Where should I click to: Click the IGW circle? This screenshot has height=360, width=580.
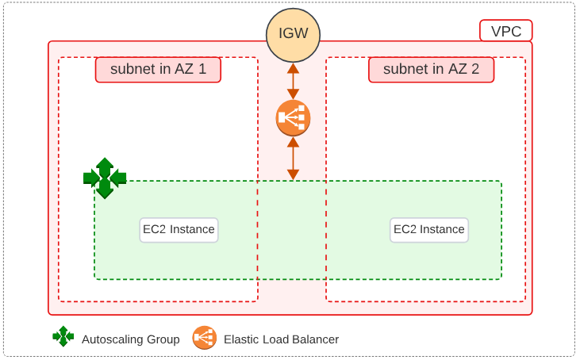tap(293, 35)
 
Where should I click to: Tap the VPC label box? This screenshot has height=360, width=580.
tap(506, 31)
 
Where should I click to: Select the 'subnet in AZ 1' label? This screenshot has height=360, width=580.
tap(158, 70)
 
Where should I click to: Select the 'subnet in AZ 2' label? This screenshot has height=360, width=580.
tap(431, 70)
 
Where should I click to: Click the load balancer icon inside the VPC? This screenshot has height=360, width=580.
tap(293, 118)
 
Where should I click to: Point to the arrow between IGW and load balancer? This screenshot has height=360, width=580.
tap(293, 81)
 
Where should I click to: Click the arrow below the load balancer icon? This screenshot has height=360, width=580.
tap(293, 159)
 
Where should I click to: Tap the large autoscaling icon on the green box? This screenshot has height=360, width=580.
tap(105, 178)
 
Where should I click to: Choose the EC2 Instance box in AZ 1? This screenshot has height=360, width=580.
tap(179, 230)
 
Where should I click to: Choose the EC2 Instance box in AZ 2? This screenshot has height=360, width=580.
tap(429, 230)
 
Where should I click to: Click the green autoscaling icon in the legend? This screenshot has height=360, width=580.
tap(63, 337)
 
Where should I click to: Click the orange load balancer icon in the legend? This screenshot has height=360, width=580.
tap(204, 338)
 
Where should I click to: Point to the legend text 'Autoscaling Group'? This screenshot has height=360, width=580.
tap(131, 339)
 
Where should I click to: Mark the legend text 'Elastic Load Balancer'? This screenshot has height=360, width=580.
tap(281, 339)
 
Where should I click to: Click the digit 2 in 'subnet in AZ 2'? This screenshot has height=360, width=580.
tap(474, 70)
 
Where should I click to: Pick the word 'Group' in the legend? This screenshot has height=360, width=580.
tap(163, 339)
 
